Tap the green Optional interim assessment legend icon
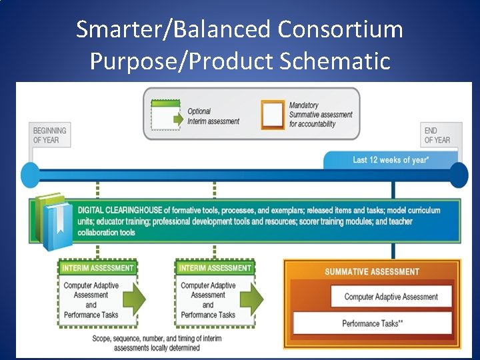[166, 115]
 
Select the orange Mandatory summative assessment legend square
[272, 114]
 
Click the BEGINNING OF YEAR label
[50, 135]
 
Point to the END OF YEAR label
[437, 135]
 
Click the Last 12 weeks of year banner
[391, 160]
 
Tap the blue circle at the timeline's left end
[31, 175]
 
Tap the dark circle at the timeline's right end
[458, 175]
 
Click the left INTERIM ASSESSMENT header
[98, 268]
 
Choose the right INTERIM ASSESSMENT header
[215, 268]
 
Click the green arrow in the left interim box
[134, 300]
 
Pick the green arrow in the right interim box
[251, 300]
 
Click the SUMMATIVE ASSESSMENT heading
[372, 272]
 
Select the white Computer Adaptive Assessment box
[391, 297]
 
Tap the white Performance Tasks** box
[372, 323]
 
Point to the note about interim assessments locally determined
[157, 343]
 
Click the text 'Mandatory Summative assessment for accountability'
[320, 115]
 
